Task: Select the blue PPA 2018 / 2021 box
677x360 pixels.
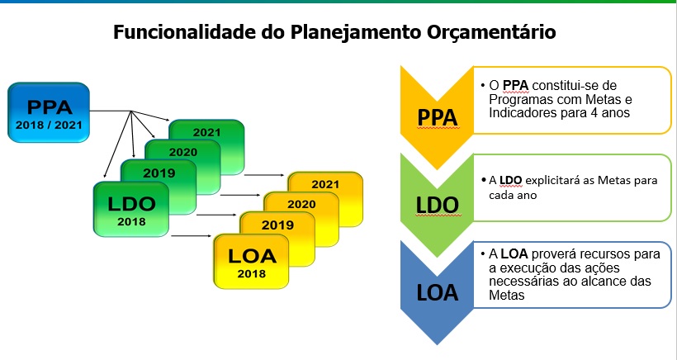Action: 49,112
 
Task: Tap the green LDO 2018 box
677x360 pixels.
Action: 131,210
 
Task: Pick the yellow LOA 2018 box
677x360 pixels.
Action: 251,261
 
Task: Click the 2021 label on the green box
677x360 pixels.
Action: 206,132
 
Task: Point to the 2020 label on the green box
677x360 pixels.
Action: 183,152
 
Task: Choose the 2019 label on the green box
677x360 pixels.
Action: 159,173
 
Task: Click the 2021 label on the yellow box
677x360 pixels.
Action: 325,184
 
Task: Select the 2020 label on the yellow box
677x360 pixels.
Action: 301,204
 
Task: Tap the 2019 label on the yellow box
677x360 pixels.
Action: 277,225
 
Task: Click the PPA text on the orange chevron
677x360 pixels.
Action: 437,117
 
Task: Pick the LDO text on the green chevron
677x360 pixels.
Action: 437,206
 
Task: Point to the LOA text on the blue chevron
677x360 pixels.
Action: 437,293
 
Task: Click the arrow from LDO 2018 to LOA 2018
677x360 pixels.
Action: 192,235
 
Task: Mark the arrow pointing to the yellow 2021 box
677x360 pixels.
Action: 265,175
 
